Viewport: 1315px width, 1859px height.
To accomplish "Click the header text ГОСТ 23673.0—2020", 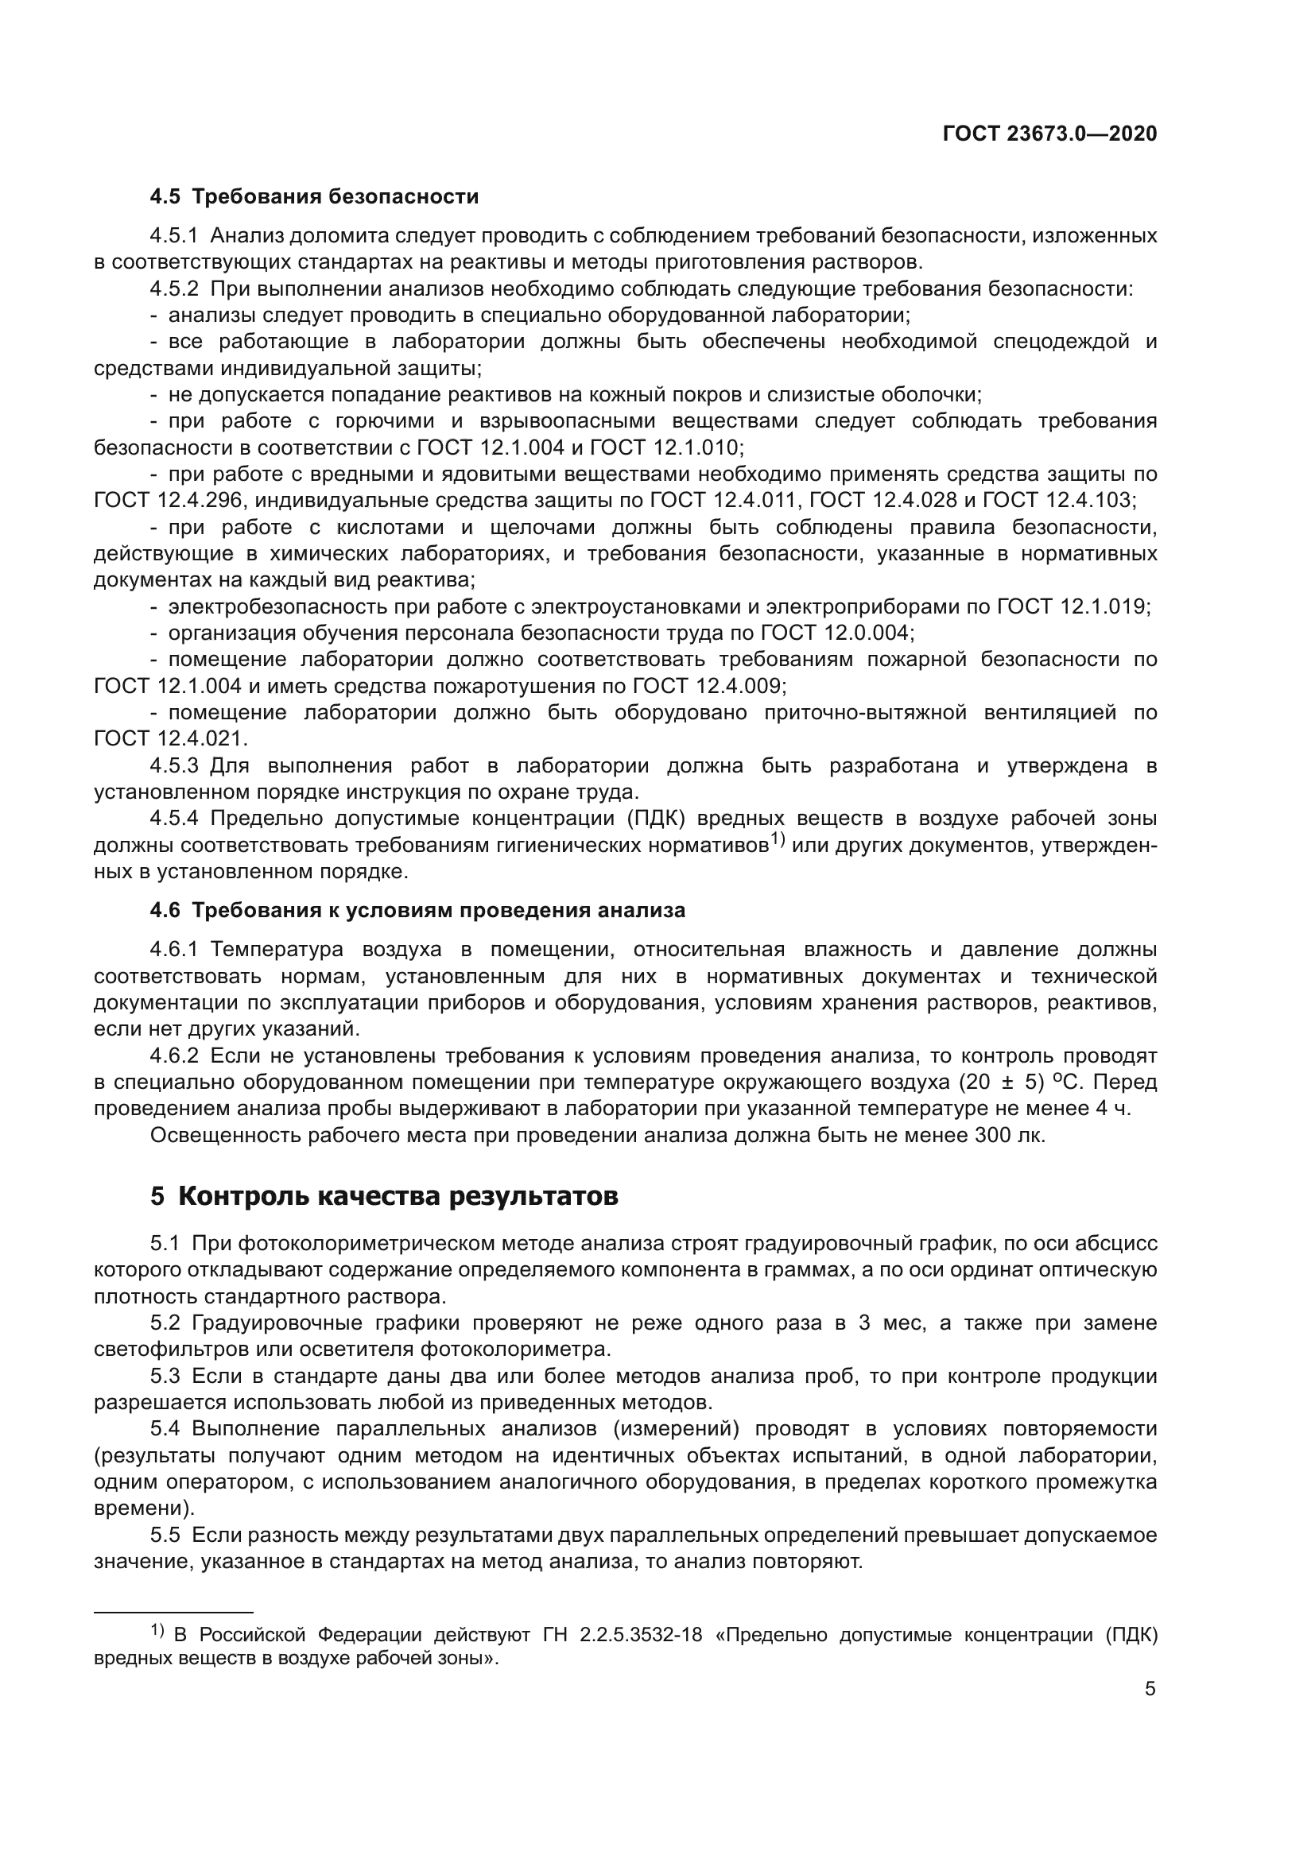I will click(x=1049, y=134).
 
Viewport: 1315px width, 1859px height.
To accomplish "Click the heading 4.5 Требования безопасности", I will click(x=314, y=197).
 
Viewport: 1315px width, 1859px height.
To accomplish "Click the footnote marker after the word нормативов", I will click(x=777, y=839).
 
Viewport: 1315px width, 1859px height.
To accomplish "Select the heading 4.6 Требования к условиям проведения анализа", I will click(x=417, y=910).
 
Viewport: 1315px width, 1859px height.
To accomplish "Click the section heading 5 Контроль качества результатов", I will click(x=384, y=1196).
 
